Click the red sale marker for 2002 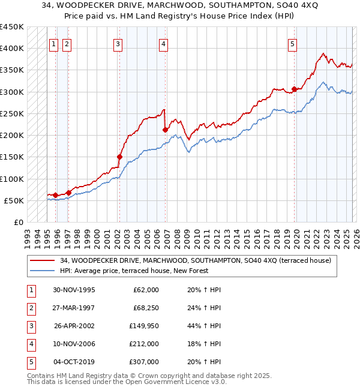tap(119, 157)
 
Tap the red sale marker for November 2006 tap(164, 130)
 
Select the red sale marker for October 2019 tap(294, 89)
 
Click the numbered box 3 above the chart tap(118, 43)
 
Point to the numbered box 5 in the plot tap(292, 43)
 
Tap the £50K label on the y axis tap(14, 200)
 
